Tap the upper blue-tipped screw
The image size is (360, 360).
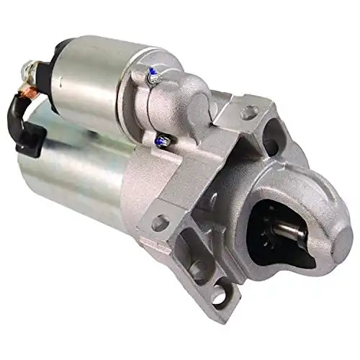click(153, 72)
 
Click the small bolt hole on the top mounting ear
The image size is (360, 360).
click(248, 112)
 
